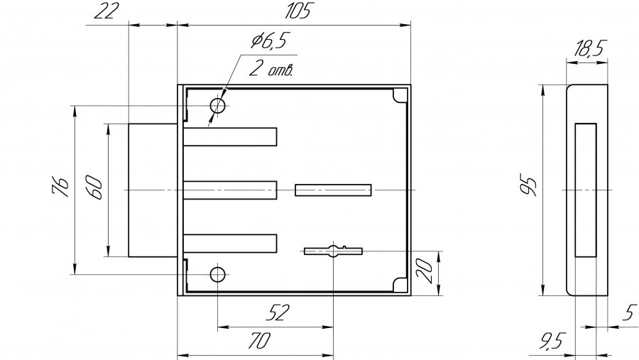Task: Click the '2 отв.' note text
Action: tap(271, 68)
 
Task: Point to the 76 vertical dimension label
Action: tap(60, 187)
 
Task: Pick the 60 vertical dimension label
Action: tap(93, 187)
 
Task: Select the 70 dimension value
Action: tap(260, 340)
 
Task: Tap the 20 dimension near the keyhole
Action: tap(425, 271)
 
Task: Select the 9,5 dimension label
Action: tap(552, 340)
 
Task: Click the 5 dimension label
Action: tap(630, 312)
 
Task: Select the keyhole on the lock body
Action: tap(334, 251)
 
